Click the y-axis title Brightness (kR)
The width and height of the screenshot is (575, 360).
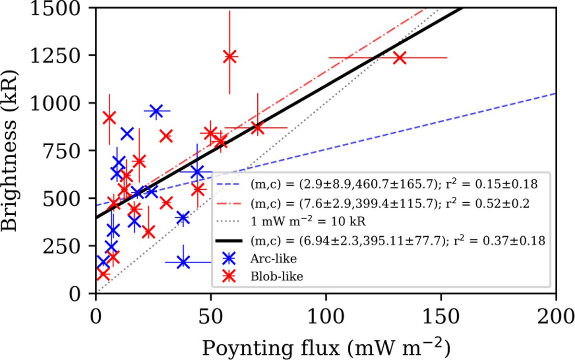tap(13, 150)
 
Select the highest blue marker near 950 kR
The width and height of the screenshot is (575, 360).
tap(156, 111)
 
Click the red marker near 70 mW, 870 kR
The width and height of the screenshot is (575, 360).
tap(257, 128)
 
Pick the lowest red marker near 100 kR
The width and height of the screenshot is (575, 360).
tap(103, 274)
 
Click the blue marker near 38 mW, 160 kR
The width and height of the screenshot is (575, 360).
tap(183, 262)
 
